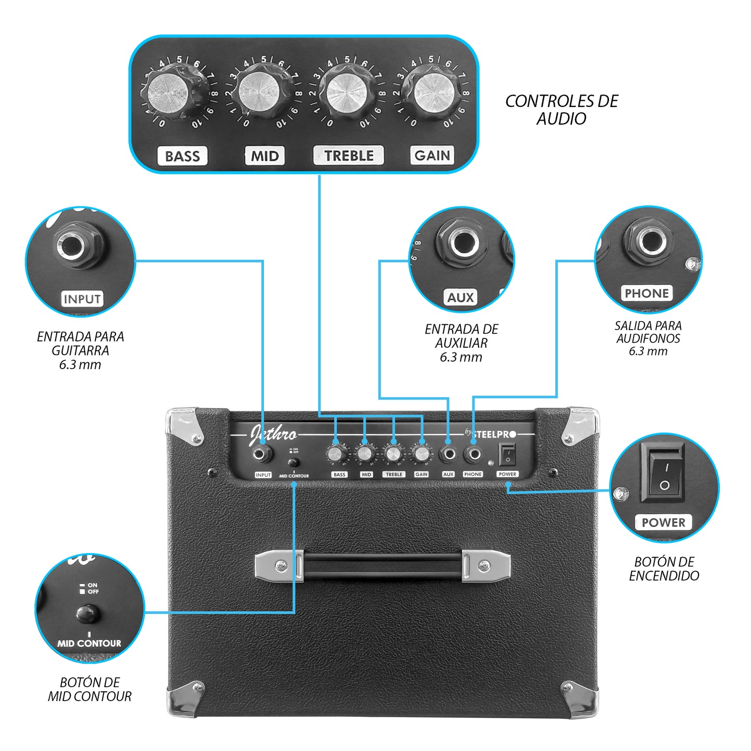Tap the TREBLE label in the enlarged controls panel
click(x=349, y=155)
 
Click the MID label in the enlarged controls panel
click(x=265, y=156)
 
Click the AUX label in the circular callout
click(x=460, y=298)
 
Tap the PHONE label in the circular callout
click(x=647, y=293)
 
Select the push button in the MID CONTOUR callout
click(x=87, y=614)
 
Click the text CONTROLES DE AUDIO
click(x=561, y=110)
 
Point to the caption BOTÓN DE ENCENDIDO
click(x=664, y=569)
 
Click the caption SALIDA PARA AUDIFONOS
click(x=648, y=338)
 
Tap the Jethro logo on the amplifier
click(x=273, y=434)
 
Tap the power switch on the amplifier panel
click(x=507, y=455)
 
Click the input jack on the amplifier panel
click(x=262, y=455)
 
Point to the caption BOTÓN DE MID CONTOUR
click(x=90, y=689)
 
